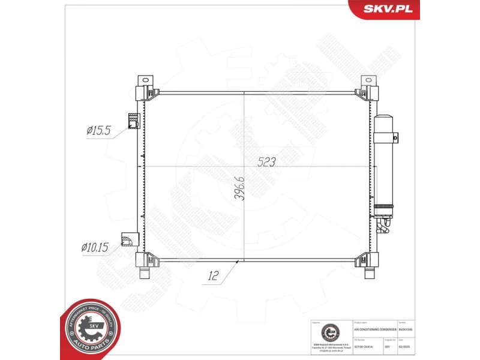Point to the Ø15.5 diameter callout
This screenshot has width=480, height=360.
(x=99, y=130)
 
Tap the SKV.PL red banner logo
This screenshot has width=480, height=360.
(x=383, y=9)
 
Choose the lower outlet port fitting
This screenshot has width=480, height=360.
(x=128, y=240)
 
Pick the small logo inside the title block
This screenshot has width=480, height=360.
(x=329, y=334)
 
